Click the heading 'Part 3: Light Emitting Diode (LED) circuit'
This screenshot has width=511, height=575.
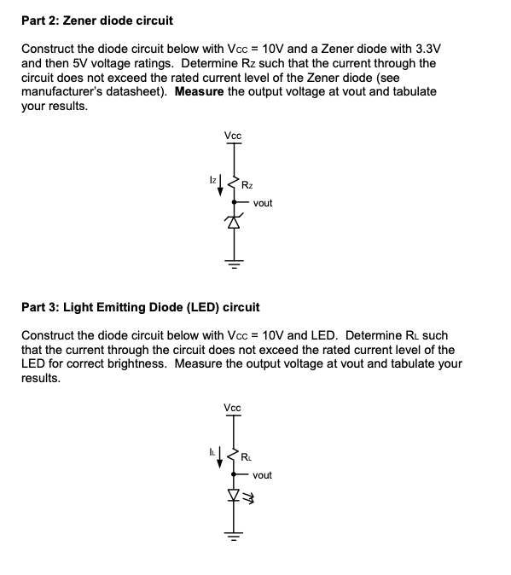[x=141, y=305]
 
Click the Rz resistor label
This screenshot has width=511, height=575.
[x=247, y=185]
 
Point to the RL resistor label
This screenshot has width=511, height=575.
[x=247, y=456]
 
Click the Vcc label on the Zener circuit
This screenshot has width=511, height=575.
[x=232, y=136]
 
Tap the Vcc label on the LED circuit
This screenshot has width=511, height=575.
[x=232, y=408]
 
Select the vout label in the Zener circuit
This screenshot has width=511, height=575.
[x=263, y=203]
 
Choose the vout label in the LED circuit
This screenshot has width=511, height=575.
[x=263, y=475]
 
